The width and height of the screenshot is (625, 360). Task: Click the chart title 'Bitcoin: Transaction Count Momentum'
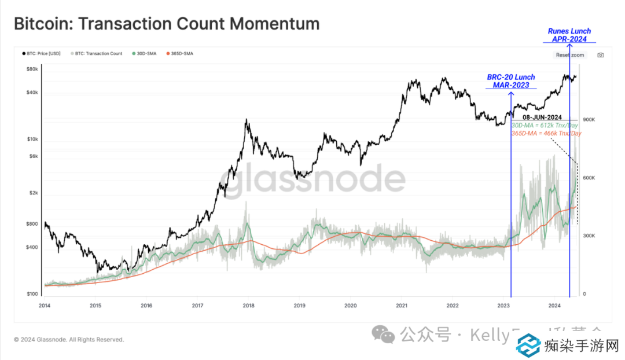tap(166, 24)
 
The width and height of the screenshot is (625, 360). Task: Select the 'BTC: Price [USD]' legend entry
tap(41, 54)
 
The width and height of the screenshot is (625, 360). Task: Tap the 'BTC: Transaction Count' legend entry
tap(98, 54)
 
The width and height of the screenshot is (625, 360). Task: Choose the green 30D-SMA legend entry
tap(145, 54)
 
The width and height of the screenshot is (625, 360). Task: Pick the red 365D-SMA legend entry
tap(180, 54)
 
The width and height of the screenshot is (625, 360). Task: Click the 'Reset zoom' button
tap(570, 55)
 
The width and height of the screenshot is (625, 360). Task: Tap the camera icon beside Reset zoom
tap(600, 55)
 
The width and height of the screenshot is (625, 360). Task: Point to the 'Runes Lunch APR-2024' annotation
tap(569, 35)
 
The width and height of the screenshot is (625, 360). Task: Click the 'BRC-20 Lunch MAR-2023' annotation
tap(510, 81)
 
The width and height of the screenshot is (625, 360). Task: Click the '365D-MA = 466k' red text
tap(546, 133)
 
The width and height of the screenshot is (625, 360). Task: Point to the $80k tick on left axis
tap(32, 69)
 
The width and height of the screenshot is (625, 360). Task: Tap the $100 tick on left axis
tap(32, 294)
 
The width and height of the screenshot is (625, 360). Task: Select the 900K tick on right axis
tap(589, 120)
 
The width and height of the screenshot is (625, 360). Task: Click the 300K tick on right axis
tap(589, 236)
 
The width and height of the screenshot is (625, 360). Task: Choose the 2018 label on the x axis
tap(248, 305)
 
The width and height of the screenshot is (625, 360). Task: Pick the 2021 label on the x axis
tap(401, 305)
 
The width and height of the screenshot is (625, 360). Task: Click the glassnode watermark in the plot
tap(313, 180)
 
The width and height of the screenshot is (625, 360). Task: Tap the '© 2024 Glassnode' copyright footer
tap(69, 340)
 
